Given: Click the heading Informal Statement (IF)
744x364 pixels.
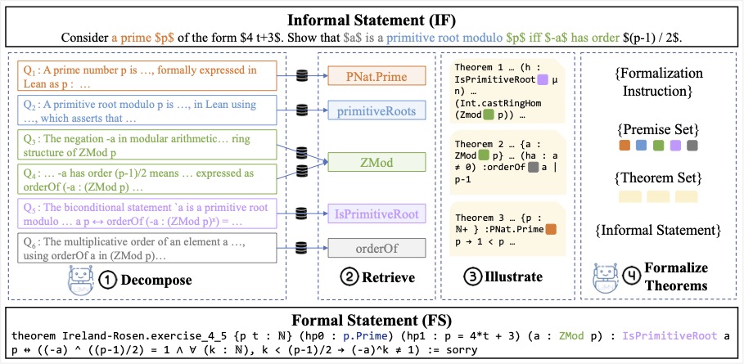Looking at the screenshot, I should tap(372, 16).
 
